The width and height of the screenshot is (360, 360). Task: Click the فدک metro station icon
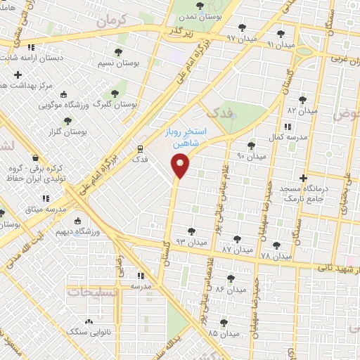tap(140, 148)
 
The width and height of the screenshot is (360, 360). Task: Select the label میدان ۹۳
tap(189, 242)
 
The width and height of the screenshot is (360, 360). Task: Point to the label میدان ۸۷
tap(236, 249)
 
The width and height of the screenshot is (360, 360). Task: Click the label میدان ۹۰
tap(252, 155)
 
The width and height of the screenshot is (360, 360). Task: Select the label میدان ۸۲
tap(302, 110)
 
